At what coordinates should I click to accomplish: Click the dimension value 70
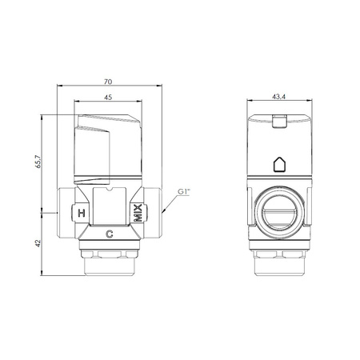108,82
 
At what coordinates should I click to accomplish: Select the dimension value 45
108,98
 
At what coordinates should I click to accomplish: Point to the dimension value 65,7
38,161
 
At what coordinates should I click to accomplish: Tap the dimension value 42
38,243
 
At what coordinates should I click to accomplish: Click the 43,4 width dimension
278,97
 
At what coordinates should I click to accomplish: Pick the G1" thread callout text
184,192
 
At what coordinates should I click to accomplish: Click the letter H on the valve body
82,213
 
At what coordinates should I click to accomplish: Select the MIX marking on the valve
138,213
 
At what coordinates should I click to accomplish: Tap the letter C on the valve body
110,234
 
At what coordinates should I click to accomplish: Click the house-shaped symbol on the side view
279,164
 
